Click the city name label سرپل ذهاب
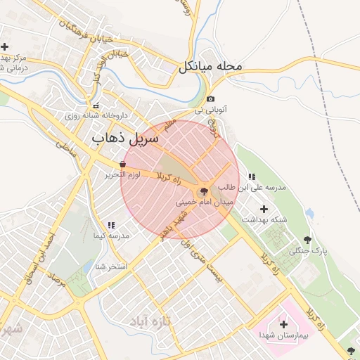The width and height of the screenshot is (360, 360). click(x=117, y=139)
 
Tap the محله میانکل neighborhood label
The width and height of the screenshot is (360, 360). click(x=210, y=67)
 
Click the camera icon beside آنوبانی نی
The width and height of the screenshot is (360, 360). click(x=211, y=99)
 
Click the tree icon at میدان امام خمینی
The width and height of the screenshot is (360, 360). click(x=204, y=191)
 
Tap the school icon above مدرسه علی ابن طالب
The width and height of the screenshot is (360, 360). click(x=252, y=176)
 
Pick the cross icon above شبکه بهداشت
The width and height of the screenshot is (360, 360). click(x=264, y=209)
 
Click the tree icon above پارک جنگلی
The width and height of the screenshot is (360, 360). click(x=307, y=240)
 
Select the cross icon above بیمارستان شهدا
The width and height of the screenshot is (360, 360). click(x=283, y=324)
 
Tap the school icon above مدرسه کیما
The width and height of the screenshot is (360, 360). click(x=111, y=225)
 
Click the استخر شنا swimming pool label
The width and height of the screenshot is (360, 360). click(x=110, y=267)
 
